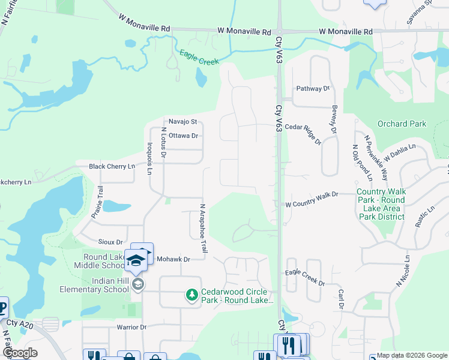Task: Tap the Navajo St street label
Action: coord(182,121)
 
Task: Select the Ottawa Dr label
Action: coord(183,136)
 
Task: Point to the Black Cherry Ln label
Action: coord(112,166)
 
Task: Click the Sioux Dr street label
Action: coord(110,241)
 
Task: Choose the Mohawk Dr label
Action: coord(173,259)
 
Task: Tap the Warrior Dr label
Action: coord(131,327)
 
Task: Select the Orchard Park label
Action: coord(402,124)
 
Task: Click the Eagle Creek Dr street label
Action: coord(304,283)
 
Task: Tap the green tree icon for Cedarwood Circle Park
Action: coord(191,295)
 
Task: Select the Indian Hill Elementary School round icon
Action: coord(138,284)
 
